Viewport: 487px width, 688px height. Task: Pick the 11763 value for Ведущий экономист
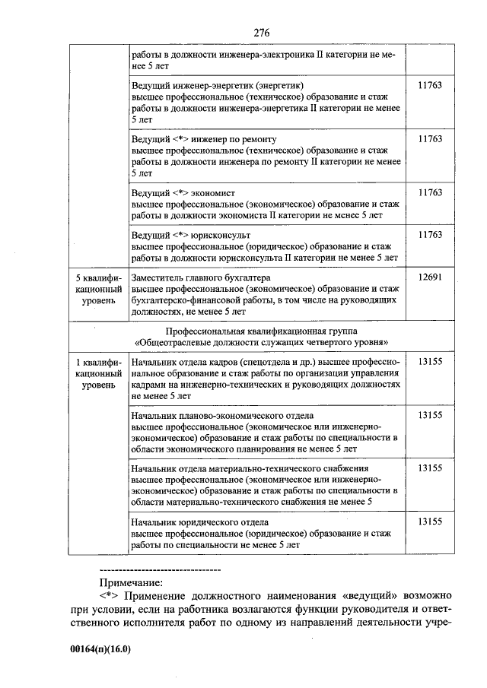430,193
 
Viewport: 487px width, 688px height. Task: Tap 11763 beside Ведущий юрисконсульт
430,235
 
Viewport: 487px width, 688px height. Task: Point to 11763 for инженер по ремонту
430,140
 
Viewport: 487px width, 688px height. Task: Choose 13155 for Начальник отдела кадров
430,363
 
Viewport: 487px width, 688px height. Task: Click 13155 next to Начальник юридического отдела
430,522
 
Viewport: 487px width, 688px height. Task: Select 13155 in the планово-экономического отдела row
430,416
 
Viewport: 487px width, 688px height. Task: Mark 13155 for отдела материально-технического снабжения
430,469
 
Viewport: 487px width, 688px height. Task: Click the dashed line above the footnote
160,569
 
